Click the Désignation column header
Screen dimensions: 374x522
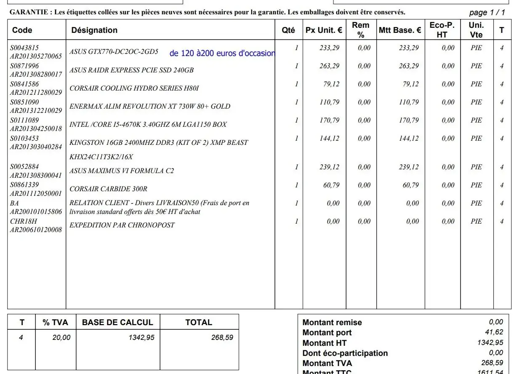pyautogui.click(x=94, y=30)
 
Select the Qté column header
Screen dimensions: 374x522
pyautogui.click(x=288, y=30)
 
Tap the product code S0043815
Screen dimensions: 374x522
pyautogui.click(x=24, y=48)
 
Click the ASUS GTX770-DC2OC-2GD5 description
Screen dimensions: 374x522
pyautogui.click(x=114, y=52)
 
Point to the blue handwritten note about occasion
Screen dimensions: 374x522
pyautogui.click(x=222, y=53)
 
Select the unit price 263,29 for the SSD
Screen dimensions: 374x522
pyautogui.click(x=329, y=66)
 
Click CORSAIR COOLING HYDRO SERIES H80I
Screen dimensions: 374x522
pyautogui.click(x=134, y=88)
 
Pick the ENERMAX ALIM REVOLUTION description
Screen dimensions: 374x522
pyautogui.click(x=150, y=107)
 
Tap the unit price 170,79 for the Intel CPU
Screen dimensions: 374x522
pyautogui.click(x=329, y=120)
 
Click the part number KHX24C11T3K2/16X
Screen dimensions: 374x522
pyautogui.click(x=101, y=157)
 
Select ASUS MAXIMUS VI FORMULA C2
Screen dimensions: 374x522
pyautogui.click(x=122, y=171)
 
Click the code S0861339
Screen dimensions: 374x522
pyautogui.click(x=24, y=184)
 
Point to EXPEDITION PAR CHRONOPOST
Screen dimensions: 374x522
pyautogui.click(x=122, y=225)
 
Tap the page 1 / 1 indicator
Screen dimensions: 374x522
pyautogui.click(x=487, y=13)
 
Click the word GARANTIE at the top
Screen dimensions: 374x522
pyautogui.click(x=28, y=12)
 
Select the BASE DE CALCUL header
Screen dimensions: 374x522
pyautogui.click(x=117, y=323)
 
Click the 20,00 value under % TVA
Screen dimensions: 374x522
pyautogui.click(x=61, y=337)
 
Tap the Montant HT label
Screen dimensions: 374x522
pyautogui.click(x=324, y=343)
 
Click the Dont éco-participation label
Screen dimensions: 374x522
pyautogui.click(x=345, y=353)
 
